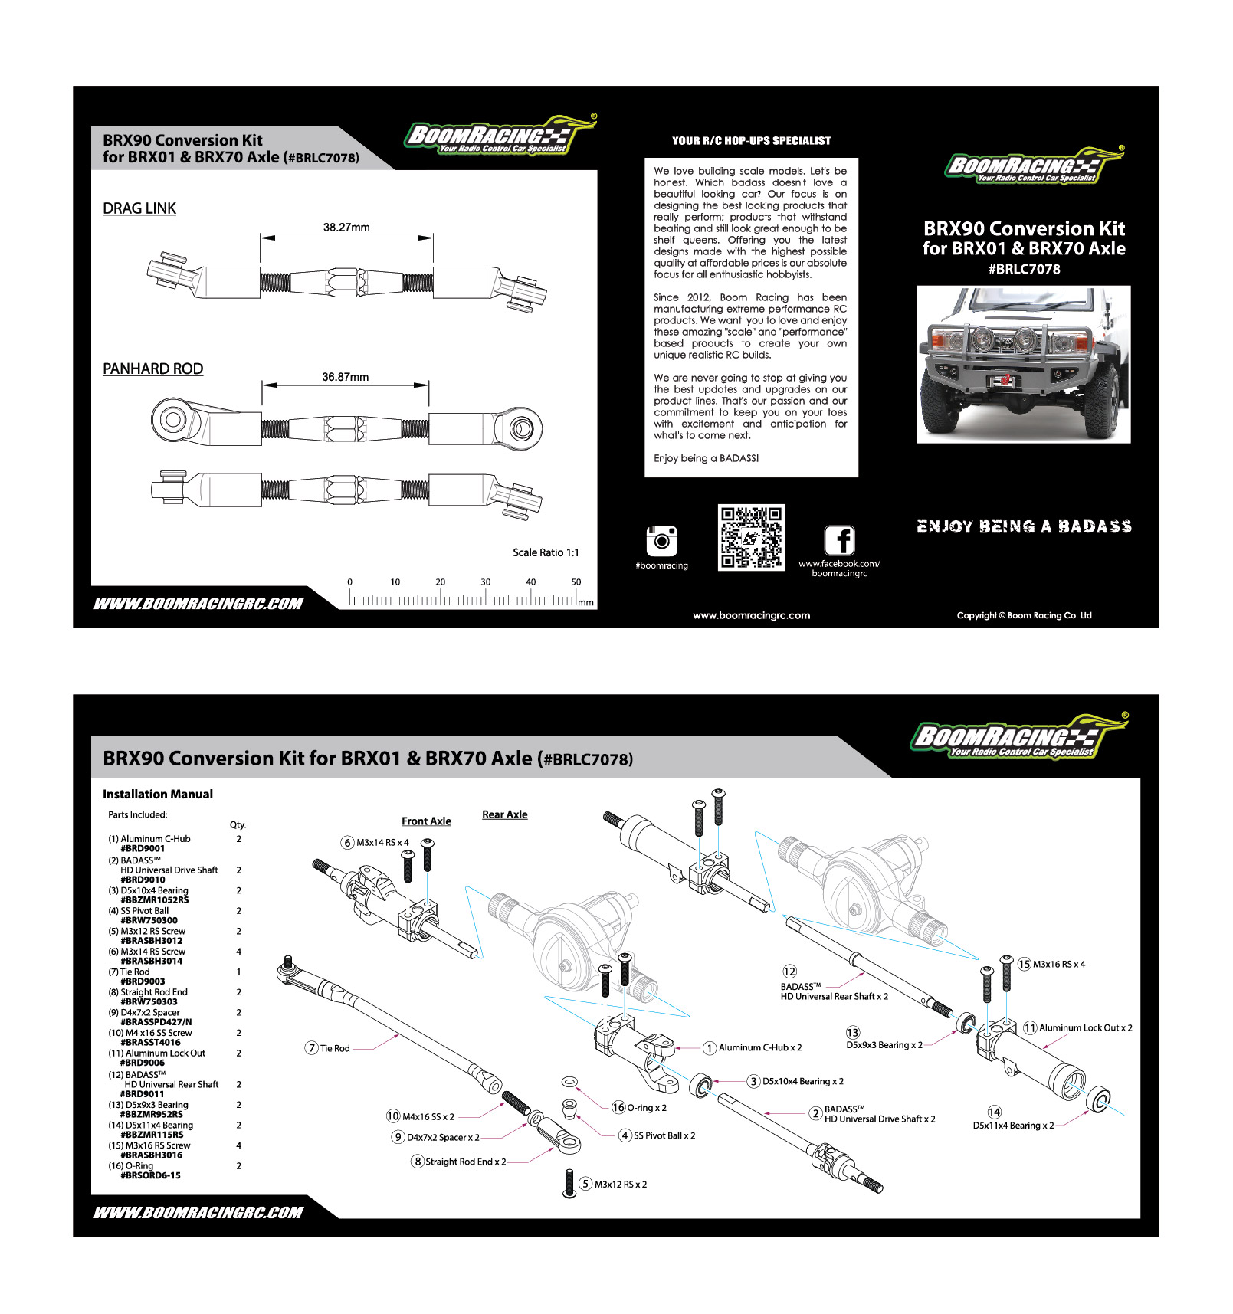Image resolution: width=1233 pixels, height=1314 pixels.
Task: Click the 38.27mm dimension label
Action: pos(346,228)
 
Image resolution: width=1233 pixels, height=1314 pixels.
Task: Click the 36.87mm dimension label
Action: pos(345,377)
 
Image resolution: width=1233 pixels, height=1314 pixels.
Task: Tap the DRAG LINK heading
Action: pos(139,208)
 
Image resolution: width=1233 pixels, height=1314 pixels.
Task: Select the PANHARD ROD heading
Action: pos(153,369)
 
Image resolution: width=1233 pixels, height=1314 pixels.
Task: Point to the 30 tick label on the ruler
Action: pos(485,582)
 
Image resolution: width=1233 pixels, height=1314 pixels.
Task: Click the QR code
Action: pos(751,537)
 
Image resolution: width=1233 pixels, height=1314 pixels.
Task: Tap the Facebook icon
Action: pos(839,540)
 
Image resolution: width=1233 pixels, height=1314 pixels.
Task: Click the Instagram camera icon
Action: pos(662,540)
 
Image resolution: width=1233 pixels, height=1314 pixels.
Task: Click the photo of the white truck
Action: pos(1023,364)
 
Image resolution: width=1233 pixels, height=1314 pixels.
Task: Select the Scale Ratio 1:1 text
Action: pos(546,552)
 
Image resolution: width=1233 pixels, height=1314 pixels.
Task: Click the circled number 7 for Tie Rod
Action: pos(312,1048)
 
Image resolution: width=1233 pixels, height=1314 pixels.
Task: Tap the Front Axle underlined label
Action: pos(426,821)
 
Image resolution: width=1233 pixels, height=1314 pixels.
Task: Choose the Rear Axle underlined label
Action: pos(504,814)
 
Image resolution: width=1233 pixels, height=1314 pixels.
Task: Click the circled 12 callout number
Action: pos(789,972)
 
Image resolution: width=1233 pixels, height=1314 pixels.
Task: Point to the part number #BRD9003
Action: pos(143,981)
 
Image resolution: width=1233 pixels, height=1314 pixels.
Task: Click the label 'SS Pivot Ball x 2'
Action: pos(664,1135)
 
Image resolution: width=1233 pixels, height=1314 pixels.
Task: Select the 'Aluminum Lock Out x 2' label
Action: pos(1085,1028)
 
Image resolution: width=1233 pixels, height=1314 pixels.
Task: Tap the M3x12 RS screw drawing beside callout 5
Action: pos(569,1183)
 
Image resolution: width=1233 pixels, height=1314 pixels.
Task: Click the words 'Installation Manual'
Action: pos(158,795)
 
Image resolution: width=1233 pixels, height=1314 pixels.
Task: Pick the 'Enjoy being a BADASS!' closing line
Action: pos(706,458)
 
